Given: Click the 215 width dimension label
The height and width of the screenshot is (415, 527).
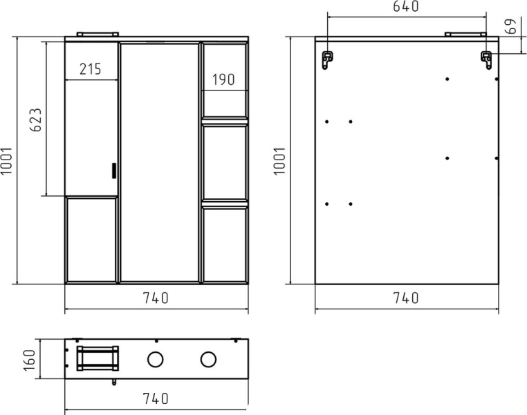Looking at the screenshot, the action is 90,69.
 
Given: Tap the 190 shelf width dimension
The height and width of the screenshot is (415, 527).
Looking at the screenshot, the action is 223,79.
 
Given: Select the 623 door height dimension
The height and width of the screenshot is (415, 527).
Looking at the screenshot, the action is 36,119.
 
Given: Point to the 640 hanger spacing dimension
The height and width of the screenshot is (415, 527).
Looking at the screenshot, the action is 406,6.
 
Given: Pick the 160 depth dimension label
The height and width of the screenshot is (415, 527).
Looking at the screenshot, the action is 30,360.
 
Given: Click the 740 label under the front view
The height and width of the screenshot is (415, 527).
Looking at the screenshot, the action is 156,298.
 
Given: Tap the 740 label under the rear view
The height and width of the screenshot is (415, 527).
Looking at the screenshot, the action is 406,298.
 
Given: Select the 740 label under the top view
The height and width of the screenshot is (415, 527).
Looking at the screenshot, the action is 156,398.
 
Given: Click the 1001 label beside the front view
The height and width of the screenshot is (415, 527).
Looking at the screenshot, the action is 6,160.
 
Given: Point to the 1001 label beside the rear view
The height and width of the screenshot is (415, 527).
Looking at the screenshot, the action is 279,160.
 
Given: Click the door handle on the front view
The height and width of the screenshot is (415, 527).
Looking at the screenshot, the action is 114,171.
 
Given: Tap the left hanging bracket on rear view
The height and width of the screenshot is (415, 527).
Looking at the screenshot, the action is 326,59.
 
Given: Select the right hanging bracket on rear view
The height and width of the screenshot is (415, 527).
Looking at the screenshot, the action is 486,59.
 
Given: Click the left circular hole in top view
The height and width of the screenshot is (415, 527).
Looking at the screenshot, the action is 156,359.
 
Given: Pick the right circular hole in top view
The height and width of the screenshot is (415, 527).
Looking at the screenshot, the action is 208,359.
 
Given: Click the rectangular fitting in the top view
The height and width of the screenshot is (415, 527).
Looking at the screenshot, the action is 98,358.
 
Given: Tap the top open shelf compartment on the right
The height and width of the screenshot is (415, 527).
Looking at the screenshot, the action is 225,80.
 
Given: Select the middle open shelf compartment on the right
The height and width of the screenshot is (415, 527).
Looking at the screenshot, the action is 225,162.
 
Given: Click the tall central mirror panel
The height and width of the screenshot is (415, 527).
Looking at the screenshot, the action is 160,162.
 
